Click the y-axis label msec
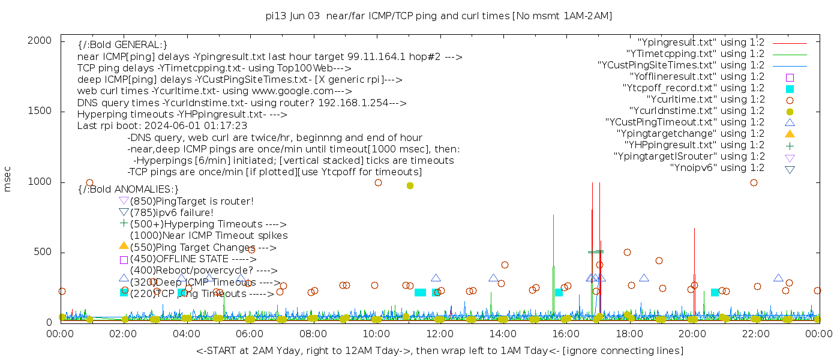tap(8, 178)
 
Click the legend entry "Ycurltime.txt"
tap(705, 100)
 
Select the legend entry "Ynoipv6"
tap(717, 168)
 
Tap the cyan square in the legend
tap(790, 89)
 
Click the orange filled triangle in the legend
tap(790, 134)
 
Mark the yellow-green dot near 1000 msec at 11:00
tap(410, 186)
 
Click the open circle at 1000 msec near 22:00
tap(754, 183)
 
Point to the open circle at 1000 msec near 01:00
tap(89, 183)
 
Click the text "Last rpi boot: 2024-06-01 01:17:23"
tap(162, 126)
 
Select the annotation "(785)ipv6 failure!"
tap(172, 213)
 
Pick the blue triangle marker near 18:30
tap(644, 278)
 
